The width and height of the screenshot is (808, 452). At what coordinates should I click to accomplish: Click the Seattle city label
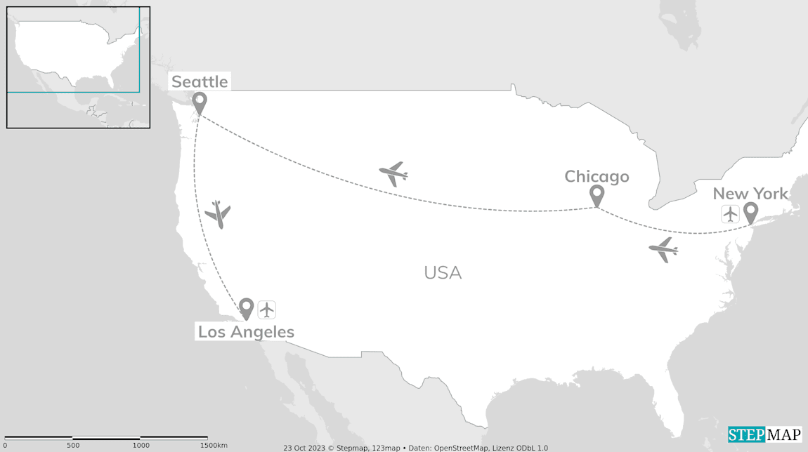(x=200, y=81)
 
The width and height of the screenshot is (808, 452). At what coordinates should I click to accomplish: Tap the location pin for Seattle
(x=200, y=102)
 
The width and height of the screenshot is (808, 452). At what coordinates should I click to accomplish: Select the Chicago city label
(x=597, y=176)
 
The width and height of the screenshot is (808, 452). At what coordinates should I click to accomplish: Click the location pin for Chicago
(x=597, y=195)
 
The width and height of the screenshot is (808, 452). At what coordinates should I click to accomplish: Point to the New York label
(x=750, y=194)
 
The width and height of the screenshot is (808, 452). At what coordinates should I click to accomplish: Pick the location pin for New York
(x=750, y=212)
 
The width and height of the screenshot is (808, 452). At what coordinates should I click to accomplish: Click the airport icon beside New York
(x=730, y=214)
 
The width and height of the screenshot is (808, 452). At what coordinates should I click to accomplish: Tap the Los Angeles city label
(x=246, y=332)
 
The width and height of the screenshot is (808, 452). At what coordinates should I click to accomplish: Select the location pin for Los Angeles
(x=246, y=308)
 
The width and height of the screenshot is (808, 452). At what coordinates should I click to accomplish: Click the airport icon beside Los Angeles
(x=266, y=310)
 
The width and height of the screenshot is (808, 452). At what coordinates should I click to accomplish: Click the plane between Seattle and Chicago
(x=393, y=173)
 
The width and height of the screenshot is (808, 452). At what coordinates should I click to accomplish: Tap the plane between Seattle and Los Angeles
(x=219, y=214)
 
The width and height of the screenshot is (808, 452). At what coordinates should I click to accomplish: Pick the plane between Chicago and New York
(x=663, y=249)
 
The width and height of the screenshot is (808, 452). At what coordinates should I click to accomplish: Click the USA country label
(x=443, y=272)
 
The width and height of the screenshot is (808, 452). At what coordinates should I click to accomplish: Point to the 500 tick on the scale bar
(x=73, y=439)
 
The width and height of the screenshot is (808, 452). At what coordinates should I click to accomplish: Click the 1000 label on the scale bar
(x=141, y=446)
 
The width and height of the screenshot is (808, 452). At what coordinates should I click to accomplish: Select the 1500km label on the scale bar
(x=214, y=446)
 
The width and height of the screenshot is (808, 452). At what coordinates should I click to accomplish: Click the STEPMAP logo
(x=764, y=434)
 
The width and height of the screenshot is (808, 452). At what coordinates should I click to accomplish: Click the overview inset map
(x=78, y=67)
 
